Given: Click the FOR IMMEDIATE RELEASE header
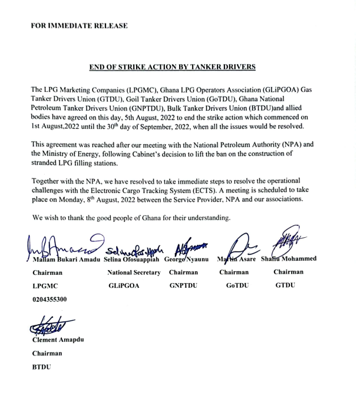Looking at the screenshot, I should [79, 26].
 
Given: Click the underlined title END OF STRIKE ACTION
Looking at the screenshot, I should [172, 67].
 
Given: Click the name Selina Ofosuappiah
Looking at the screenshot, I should [131, 260].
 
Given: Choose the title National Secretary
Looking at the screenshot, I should [134, 272].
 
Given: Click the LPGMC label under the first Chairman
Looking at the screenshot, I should [45, 286].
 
